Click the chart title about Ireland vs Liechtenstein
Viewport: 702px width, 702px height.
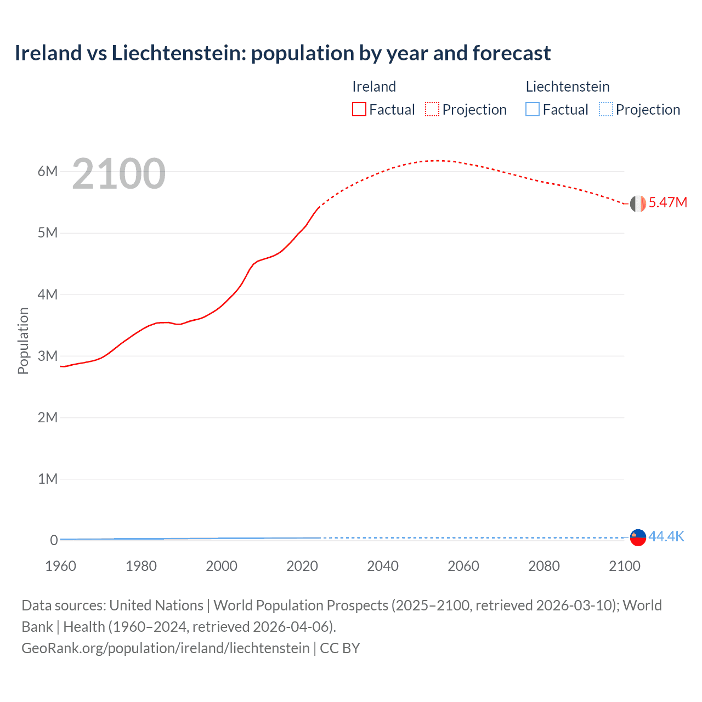[x=282, y=53]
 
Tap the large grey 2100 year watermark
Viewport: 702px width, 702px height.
[x=118, y=174]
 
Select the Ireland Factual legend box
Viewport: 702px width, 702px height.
[x=359, y=109]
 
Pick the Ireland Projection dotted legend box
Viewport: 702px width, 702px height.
[x=432, y=109]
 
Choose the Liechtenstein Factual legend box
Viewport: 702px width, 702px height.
[x=533, y=109]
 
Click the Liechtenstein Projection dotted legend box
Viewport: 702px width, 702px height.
[x=605, y=109]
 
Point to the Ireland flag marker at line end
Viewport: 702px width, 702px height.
[x=638, y=203]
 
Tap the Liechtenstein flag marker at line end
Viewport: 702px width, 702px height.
[x=638, y=537]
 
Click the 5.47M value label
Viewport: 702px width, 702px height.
[x=667, y=202]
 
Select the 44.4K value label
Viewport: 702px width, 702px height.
[x=666, y=536]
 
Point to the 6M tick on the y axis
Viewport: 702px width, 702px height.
[x=48, y=171]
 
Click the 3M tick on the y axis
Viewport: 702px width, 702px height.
[x=48, y=356]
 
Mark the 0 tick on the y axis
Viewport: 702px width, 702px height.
[x=54, y=540]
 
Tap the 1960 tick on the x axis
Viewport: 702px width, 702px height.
[x=60, y=566]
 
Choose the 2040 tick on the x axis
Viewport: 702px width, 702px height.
[x=383, y=566]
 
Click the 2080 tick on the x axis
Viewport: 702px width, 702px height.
[x=544, y=566]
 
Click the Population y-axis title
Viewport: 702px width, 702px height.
[x=23, y=341]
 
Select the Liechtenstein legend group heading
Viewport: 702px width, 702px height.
[x=568, y=87]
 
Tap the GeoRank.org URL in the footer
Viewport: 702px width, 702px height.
[x=165, y=648]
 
